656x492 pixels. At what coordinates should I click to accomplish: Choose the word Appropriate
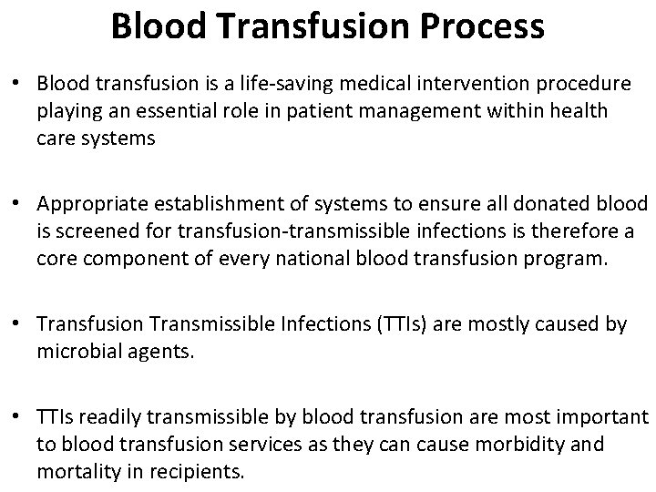click(97, 203)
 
